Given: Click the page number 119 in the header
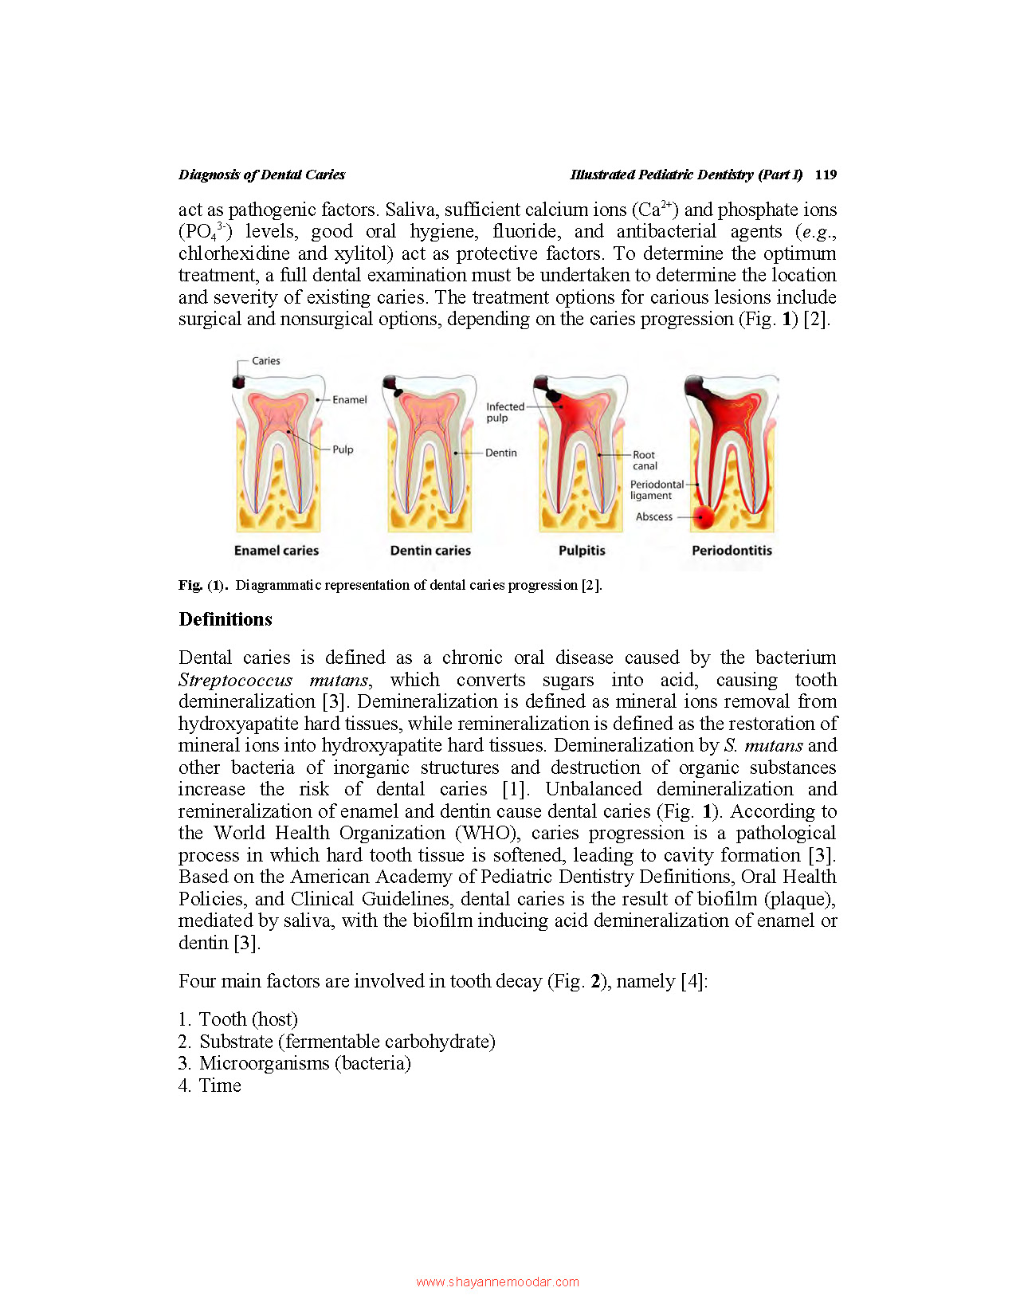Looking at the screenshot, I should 826,175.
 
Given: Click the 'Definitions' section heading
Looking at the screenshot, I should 226,619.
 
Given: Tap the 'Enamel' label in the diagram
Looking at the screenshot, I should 349,400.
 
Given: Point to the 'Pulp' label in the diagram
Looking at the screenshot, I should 343,449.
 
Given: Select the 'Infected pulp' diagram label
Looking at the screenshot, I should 504,412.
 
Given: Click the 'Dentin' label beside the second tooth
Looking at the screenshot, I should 500,453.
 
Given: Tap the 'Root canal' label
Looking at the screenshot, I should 645,461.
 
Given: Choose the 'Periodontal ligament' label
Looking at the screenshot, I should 656,489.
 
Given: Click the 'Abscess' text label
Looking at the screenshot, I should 653,516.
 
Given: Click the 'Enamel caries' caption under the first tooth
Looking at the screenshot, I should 277,551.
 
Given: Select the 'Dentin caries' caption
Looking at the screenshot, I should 430,551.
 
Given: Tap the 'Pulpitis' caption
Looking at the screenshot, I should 582,551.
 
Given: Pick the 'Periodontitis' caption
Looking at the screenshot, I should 732,551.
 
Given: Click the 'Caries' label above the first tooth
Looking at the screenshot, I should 266,361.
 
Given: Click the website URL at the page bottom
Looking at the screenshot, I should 497,1282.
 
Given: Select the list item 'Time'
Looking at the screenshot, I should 220,1085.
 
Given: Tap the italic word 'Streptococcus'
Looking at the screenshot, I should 235,680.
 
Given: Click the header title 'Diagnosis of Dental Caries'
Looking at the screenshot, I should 261,175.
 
